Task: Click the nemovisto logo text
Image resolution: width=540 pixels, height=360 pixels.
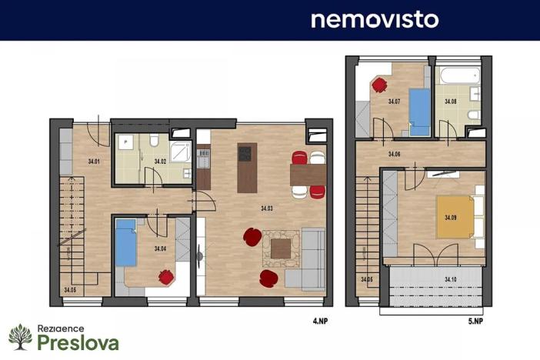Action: pos(375,19)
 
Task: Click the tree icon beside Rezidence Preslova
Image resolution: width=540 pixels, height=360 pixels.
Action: pos(21,337)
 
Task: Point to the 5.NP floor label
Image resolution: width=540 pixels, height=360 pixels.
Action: pos(475,318)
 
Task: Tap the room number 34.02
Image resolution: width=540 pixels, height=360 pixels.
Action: pos(160,162)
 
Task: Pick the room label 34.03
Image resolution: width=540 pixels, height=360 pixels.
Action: pos(267,208)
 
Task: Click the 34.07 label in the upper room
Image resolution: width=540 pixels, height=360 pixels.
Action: pos(394,102)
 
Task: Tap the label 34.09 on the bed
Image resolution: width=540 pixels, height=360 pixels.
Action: pos(451,217)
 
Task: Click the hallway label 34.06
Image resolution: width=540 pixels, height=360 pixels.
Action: pos(394,155)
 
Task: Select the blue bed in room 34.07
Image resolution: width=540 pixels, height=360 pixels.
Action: pos(419,112)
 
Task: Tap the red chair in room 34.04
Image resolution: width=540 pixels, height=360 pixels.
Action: pos(165,276)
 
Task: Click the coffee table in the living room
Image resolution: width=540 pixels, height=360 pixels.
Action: pos(280,248)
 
